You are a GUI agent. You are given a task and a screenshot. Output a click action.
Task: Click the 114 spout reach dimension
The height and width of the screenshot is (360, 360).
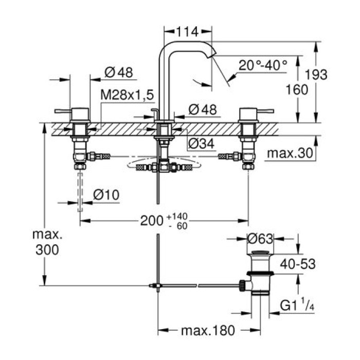click(x=187, y=32)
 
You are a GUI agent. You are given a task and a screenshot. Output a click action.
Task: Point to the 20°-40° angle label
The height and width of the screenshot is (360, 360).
click(x=262, y=65)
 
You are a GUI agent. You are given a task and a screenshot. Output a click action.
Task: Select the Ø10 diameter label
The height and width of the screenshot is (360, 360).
click(x=106, y=194)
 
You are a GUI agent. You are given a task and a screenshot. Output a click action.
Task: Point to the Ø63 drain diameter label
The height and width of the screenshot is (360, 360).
click(x=260, y=239)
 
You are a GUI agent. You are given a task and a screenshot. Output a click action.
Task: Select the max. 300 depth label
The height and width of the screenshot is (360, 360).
click(x=47, y=242)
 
